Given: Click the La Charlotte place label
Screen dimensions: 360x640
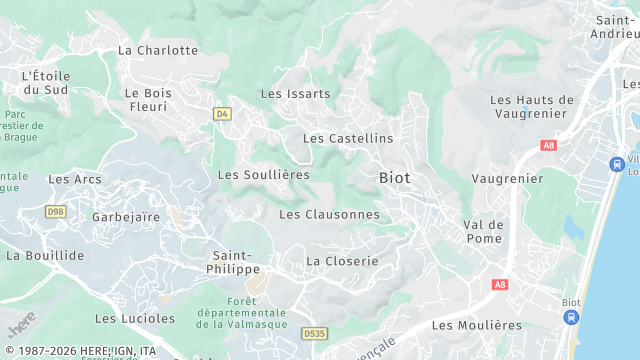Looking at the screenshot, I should click(158, 50).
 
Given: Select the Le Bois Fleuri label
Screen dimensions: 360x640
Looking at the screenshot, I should click(148, 99).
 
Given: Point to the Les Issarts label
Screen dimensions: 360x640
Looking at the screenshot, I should click(295, 94).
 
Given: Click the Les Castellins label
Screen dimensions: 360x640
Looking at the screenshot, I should click(348, 138).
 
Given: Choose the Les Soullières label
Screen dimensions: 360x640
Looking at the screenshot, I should click(264, 175).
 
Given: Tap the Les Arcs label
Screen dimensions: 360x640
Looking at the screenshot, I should click(75, 180).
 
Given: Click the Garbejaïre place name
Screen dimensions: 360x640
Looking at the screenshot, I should click(126, 217).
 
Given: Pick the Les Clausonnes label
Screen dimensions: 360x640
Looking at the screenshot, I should click(329, 214).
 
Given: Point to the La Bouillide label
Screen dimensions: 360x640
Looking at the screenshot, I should click(45, 255).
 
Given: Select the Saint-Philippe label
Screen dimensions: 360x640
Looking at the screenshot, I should click(236, 262).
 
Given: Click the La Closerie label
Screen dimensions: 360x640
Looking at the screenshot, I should click(342, 261).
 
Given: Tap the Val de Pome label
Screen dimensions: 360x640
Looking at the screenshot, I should click(483, 232).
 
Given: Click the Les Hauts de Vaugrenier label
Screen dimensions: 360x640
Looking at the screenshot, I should click(532, 106).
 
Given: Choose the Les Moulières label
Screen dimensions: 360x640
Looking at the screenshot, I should click(477, 325).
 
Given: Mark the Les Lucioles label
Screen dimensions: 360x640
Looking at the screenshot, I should click(135, 319).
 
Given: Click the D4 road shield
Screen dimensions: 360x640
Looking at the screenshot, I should click(222, 114).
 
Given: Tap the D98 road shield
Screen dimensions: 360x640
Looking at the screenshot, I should click(55, 211).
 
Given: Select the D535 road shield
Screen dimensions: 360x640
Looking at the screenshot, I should click(314, 334).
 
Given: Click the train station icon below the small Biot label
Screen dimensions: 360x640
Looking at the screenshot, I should click(571, 318).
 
